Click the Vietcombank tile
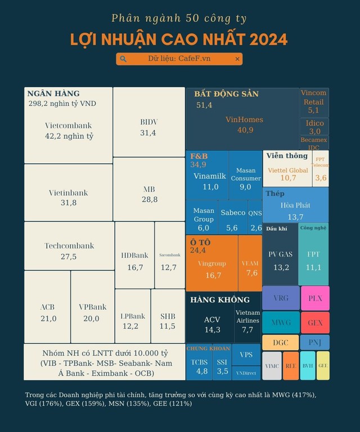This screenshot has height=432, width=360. (x=68, y=130)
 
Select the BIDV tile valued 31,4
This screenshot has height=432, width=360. (x=148, y=127)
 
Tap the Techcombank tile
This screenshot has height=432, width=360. (x=69, y=251)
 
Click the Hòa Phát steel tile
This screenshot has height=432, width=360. (x=295, y=211)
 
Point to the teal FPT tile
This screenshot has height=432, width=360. (x=313, y=260)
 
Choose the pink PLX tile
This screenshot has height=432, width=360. (x=315, y=298)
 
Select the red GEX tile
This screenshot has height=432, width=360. (x=315, y=323)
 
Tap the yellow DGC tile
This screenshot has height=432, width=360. (x=281, y=343)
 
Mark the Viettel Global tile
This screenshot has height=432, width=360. (x=287, y=173)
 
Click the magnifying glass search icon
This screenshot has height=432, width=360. (x=124, y=58)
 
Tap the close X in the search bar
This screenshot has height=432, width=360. (x=237, y=58)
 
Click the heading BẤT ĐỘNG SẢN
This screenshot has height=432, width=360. (x=226, y=94)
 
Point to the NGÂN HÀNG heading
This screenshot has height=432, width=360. (x=53, y=93)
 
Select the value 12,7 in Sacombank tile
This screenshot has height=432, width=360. (x=168, y=268)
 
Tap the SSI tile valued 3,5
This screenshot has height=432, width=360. (x=223, y=367)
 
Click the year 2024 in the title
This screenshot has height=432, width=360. (x=264, y=39)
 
